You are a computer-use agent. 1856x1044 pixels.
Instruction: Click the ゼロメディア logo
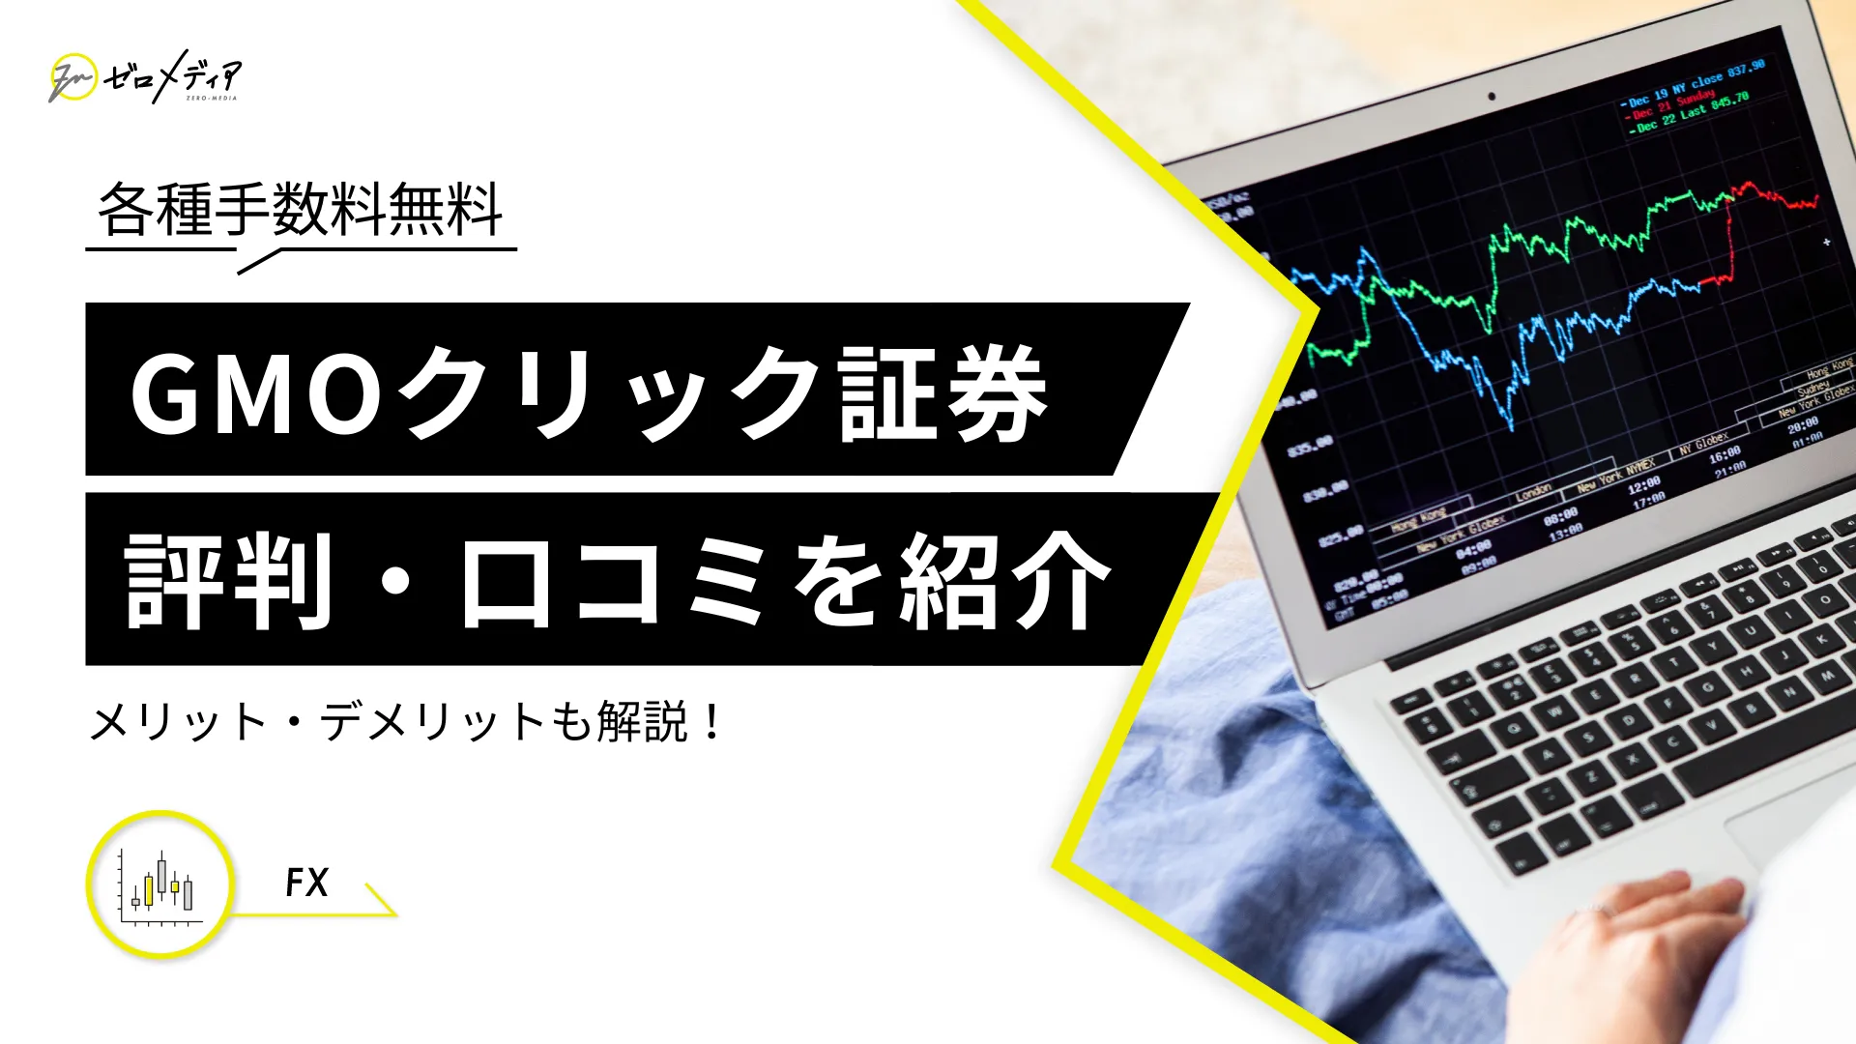(x=145, y=77)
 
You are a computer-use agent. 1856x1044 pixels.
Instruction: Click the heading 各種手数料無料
(x=301, y=210)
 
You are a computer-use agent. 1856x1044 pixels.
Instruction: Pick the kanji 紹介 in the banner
(x=1005, y=581)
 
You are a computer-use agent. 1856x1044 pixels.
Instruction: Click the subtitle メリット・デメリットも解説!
(x=406, y=722)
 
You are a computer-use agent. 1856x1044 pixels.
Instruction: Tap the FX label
(x=306, y=883)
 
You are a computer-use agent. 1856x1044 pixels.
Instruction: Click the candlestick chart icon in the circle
(x=160, y=884)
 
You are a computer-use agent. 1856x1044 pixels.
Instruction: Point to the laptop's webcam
(x=1492, y=96)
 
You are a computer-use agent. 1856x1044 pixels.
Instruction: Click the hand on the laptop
(x=1634, y=957)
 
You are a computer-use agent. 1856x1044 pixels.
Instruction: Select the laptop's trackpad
(x=1788, y=831)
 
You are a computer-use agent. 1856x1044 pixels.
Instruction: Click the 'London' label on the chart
(x=1533, y=492)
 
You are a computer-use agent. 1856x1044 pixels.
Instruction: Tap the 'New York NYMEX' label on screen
(x=1616, y=475)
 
